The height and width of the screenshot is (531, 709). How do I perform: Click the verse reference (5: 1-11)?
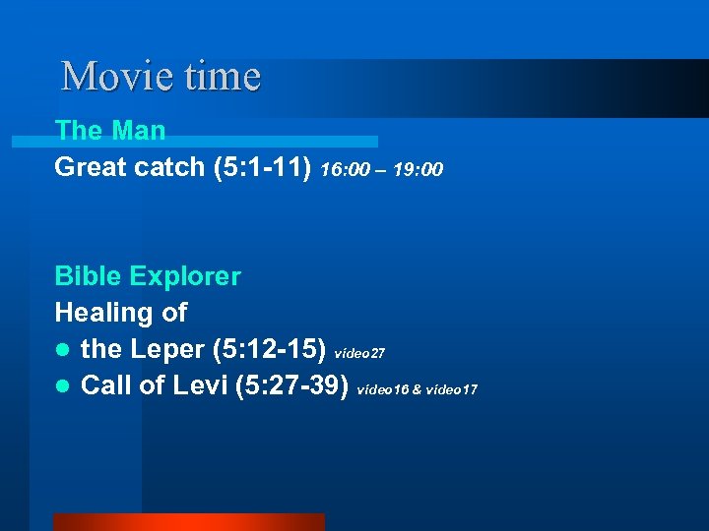point(263,168)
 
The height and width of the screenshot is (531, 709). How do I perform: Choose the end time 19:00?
point(418,171)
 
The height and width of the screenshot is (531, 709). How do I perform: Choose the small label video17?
point(452,390)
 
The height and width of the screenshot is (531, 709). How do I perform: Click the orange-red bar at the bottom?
point(188,522)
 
